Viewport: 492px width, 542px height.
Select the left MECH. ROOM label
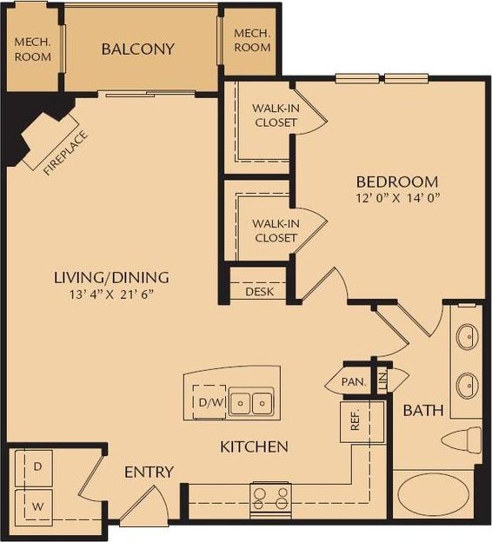(32, 49)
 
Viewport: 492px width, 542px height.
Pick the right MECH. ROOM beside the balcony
(252, 40)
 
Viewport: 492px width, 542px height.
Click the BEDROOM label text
(396, 182)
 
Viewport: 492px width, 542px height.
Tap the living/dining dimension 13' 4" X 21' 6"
(111, 294)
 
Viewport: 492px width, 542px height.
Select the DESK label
(259, 292)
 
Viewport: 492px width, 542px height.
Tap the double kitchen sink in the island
(253, 402)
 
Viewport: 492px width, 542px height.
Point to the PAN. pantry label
(353, 381)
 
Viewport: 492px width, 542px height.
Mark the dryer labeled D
(37, 467)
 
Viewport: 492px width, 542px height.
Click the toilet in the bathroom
(460, 440)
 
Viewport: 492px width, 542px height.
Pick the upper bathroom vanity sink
(467, 336)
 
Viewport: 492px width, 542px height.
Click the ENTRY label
(149, 473)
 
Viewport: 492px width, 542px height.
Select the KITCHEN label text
(253, 447)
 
